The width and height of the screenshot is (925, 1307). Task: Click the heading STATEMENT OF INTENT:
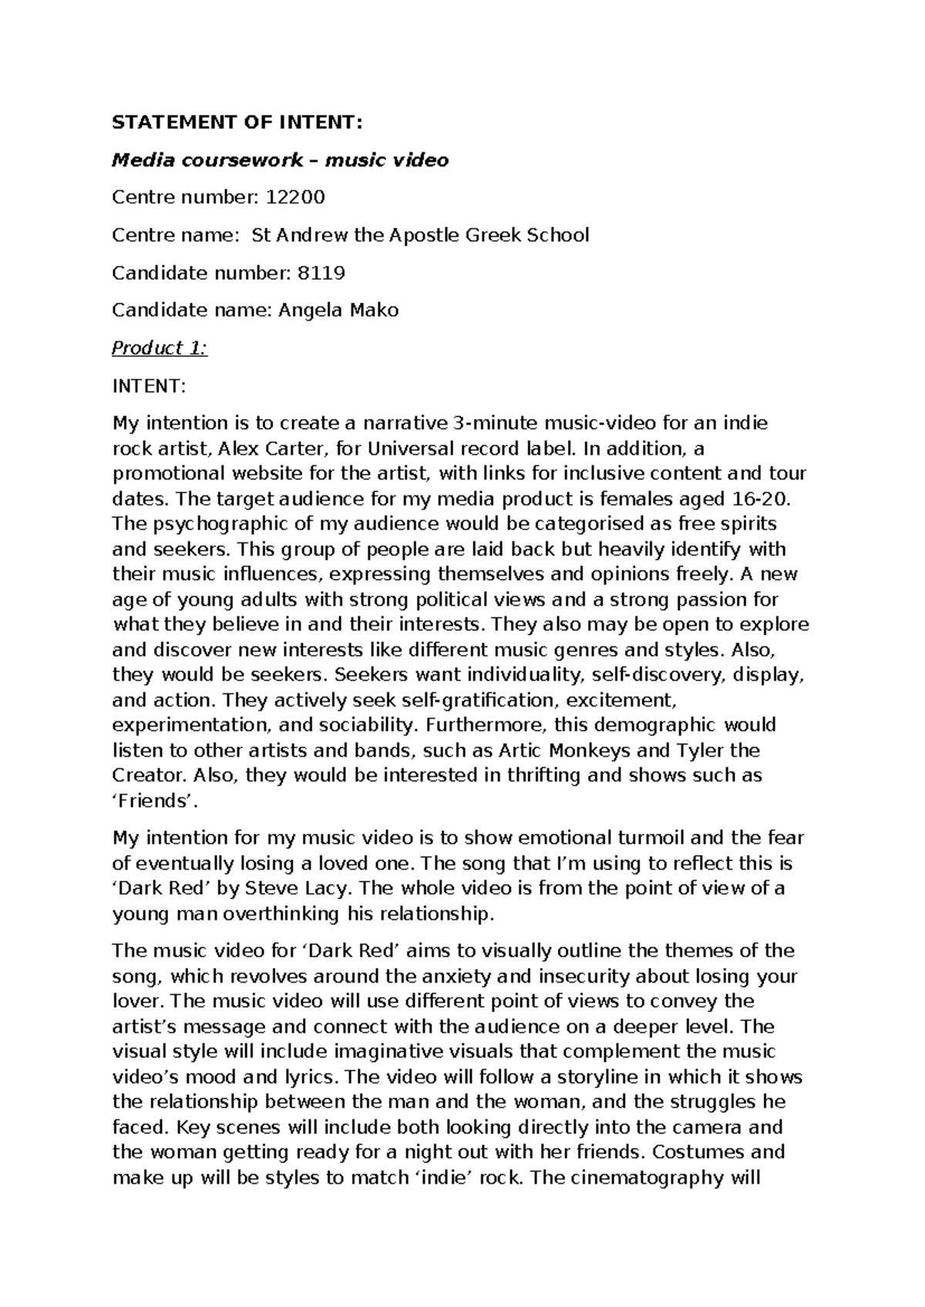(237, 123)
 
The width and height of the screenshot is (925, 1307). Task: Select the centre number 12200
(295, 197)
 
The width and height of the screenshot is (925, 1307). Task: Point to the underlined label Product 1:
(160, 348)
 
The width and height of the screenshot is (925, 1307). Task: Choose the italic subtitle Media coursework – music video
(280, 160)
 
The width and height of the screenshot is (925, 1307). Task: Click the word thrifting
(544, 775)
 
